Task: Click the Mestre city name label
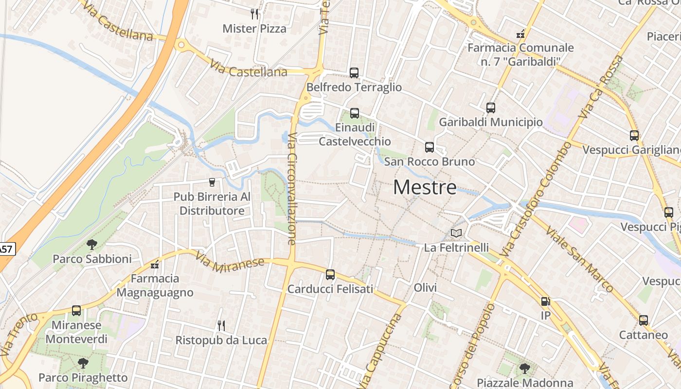(x=425, y=187)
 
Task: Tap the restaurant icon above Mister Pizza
(x=254, y=14)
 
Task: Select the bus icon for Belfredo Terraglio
(x=354, y=73)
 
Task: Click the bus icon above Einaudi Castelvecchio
(x=355, y=113)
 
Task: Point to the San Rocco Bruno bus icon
(x=430, y=147)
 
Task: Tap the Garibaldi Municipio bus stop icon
(x=491, y=108)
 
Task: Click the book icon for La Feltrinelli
(x=456, y=233)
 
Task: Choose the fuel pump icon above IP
(x=545, y=301)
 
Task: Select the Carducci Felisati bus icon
(x=330, y=275)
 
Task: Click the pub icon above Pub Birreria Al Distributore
(x=212, y=182)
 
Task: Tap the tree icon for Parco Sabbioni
(x=91, y=245)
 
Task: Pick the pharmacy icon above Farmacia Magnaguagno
(x=155, y=265)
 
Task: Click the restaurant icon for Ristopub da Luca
(x=221, y=325)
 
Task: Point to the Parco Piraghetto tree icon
(x=83, y=363)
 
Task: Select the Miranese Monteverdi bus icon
(x=76, y=310)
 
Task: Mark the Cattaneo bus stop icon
(x=644, y=320)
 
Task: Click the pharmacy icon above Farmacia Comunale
(x=520, y=35)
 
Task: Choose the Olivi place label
(x=425, y=288)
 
